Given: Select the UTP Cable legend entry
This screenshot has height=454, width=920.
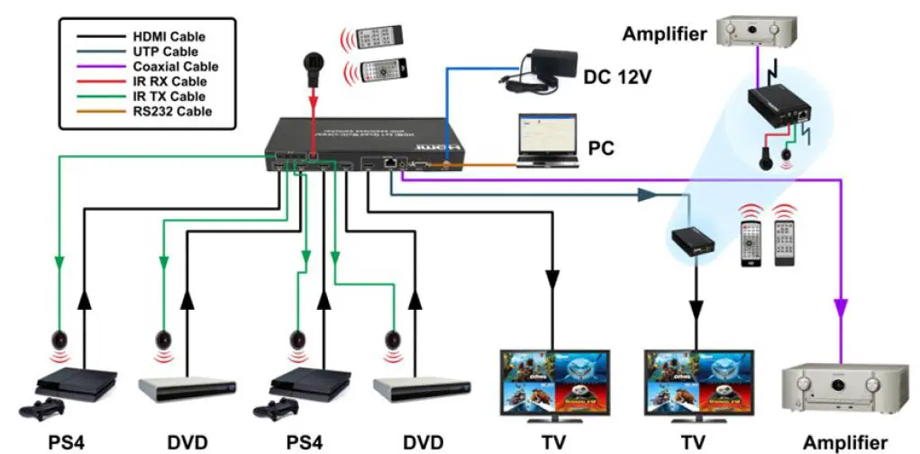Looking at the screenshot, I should pos(166,52).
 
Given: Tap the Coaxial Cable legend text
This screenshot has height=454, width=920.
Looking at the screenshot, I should pos(175,67).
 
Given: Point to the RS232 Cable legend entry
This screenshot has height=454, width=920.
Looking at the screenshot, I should pos(172,112).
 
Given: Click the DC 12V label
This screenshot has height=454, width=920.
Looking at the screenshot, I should pos(617,77).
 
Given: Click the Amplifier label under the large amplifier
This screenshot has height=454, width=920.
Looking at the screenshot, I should pos(844,441).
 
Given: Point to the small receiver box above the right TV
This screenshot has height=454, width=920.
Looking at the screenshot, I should pos(694,241).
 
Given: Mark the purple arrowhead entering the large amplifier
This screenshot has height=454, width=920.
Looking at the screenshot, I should pos(841,308).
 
